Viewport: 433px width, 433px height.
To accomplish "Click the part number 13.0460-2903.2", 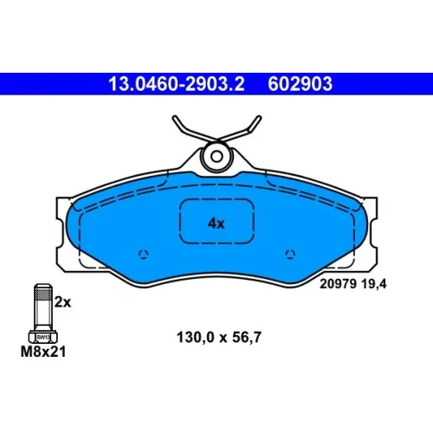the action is click(177, 84).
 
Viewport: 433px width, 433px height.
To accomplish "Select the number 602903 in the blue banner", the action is click(300, 84).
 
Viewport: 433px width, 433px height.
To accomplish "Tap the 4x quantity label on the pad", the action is click(216, 223).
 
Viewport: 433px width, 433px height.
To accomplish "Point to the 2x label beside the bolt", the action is click(62, 302).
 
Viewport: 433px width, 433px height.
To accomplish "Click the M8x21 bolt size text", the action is click(43, 352).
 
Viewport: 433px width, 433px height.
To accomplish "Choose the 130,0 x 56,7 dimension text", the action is click(219, 338).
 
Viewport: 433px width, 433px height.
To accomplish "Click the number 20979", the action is click(339, 284).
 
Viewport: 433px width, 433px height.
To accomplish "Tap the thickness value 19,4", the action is click(374, 284).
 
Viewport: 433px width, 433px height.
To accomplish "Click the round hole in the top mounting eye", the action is click(216, 157).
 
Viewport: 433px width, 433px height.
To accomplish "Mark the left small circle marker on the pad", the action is click(144, 254).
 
